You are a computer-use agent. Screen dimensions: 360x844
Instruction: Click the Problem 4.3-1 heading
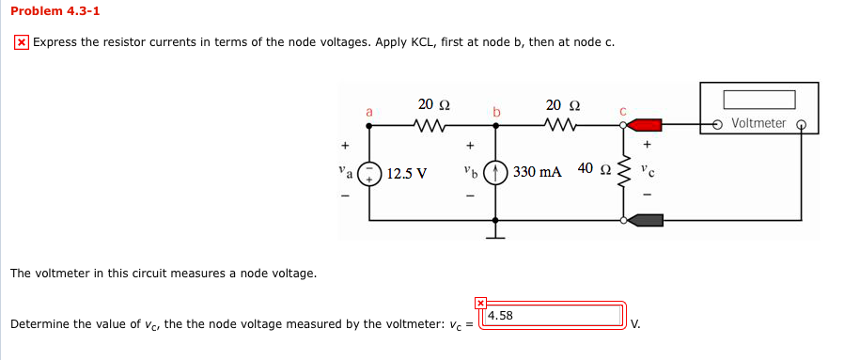55,11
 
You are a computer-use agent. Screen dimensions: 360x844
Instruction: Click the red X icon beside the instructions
22,43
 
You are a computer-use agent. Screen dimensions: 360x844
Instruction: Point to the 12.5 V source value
406,173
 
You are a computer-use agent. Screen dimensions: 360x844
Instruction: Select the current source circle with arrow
496,173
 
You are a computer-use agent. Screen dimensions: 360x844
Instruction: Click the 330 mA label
538,172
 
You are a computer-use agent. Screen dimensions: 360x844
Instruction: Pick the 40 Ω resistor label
593,168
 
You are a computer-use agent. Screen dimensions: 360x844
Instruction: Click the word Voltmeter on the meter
758,123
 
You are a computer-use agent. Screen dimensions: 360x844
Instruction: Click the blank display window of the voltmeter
758,100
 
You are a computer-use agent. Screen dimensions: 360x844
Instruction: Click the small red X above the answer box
480,303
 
